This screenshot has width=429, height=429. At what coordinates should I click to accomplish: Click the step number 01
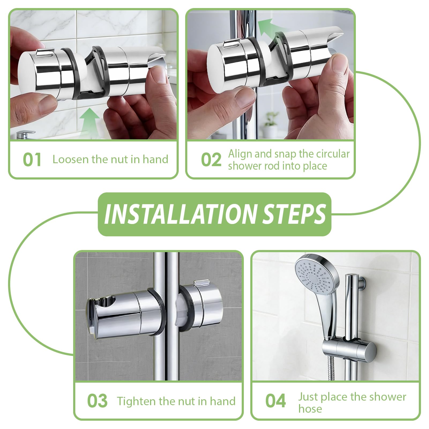click(x=32, y=160)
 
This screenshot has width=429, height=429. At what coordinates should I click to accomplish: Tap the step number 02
click(x=211, y=160)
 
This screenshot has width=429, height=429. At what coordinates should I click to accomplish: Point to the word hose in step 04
click(x=310, y=409)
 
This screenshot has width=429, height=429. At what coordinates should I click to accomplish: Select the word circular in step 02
click(x=333, y=154)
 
